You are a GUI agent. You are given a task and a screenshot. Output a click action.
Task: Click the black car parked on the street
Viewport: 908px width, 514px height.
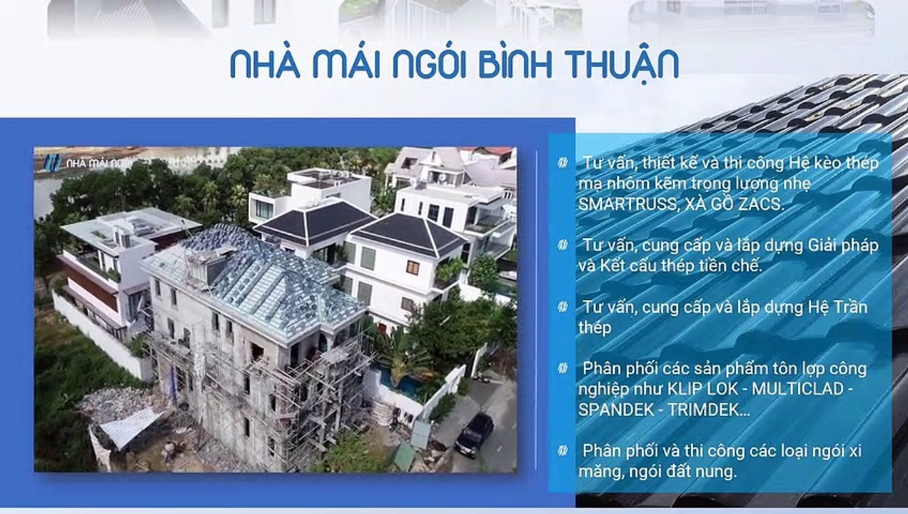coord(474,433)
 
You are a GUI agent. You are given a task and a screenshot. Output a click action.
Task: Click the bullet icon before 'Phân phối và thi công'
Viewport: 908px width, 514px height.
coord(563,450)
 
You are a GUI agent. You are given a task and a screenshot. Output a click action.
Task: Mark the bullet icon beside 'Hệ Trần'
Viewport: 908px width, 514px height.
coord(563,307)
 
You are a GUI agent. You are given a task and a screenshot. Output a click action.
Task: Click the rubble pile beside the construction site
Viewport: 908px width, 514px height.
coord(114,403)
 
